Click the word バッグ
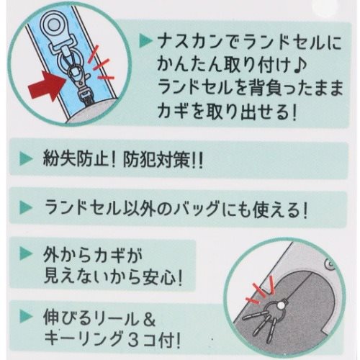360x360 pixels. [x=223, y=212]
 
